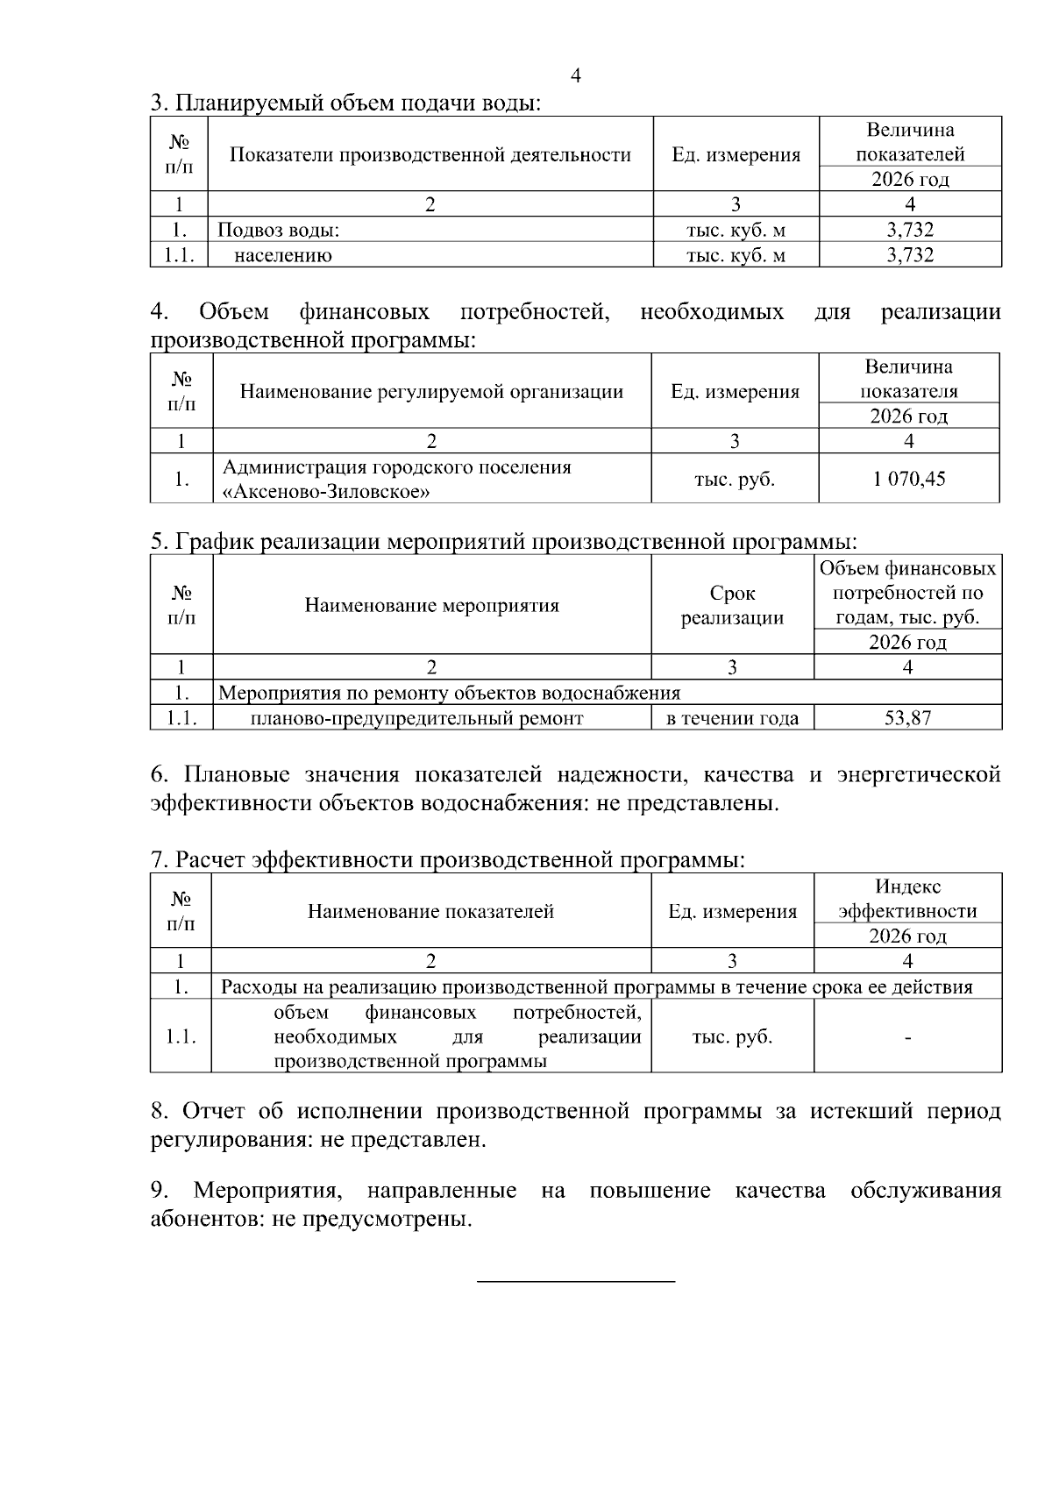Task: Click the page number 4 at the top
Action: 576,76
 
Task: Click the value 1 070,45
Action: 909,479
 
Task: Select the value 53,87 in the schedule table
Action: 907,718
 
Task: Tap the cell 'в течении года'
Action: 732,718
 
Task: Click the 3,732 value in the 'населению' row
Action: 910,255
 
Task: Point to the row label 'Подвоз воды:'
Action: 278,230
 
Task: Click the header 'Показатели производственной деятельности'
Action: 430,155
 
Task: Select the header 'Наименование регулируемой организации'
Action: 431,392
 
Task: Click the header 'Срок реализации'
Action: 732,605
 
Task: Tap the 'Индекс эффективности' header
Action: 907,899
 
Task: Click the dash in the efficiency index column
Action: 907,1037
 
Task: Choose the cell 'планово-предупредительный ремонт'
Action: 416,718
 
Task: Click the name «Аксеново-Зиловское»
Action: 326,492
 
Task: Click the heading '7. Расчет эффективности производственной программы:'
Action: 447,860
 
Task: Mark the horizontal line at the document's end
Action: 575,1283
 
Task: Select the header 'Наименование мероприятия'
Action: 431,605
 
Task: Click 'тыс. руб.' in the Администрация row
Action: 735,479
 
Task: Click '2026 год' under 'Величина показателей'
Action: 910,180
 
